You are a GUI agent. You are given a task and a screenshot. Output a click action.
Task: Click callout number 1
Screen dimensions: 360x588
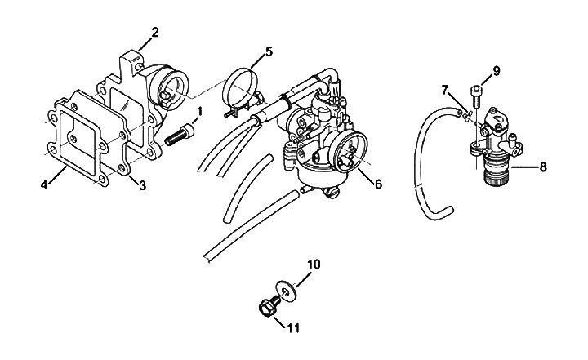point(198,110)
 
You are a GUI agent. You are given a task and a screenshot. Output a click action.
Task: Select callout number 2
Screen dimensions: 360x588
point(154,33)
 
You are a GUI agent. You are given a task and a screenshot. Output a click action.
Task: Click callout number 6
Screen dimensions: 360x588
point(378,184)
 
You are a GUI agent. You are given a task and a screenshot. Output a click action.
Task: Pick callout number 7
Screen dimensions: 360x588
point(445,88)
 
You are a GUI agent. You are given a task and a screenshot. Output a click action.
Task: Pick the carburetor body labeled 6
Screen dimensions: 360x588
point(323,143)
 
